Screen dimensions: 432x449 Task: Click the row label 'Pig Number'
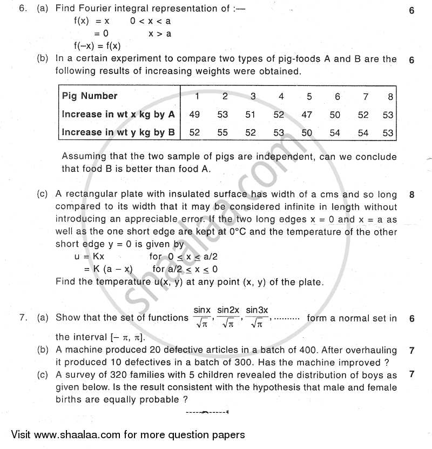click(x=90, y=96)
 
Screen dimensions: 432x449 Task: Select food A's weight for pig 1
click(x=196, y=115)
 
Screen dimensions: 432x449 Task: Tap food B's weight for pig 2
click(x=224, y=132)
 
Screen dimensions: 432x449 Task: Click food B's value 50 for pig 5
click(x=307, y=132)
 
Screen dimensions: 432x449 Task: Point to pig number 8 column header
click(x=389, y=97)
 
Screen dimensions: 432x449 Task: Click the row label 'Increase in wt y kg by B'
click(x=118, y=132)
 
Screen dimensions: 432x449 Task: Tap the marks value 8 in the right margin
click(x=411, y=195)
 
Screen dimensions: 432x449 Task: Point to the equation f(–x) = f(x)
click(x=97, y=45)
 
